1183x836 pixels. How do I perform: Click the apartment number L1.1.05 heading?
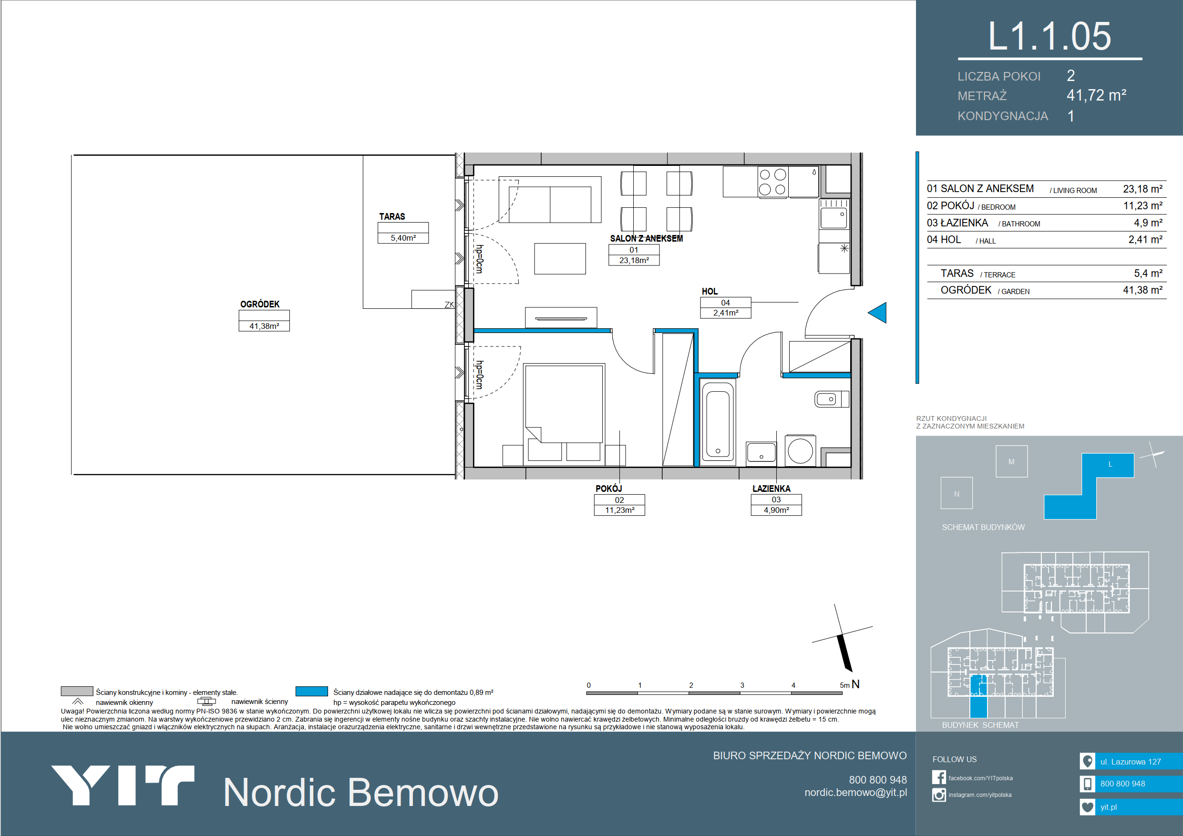point(1049,37)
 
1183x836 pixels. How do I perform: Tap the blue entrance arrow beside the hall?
point(877,313)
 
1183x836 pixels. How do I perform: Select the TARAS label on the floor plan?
point(392,216)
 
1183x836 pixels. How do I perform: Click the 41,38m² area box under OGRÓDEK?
point(264,326)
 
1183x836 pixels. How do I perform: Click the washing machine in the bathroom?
point(800,450)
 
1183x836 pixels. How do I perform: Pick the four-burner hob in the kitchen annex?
point(773,182)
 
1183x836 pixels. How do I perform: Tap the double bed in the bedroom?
point(564,412)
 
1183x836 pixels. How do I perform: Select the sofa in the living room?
point(550,200)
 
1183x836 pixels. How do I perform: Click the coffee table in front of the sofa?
point(560,259)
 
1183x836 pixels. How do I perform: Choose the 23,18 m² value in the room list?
point(1142,189)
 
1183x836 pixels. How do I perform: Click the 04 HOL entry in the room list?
point(944,240)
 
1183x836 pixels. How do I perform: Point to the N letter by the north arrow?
point(855,684)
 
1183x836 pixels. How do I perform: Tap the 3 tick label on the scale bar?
point(742,685)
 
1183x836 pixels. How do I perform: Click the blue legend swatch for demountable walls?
point(311,691)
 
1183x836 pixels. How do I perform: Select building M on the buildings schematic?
point(1011,461)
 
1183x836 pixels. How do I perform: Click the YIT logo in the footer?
point(123,785)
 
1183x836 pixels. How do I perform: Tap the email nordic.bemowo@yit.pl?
point(855,792)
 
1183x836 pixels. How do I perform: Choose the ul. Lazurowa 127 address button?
point(1131,761)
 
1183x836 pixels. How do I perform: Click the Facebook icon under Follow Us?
point(939,777)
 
